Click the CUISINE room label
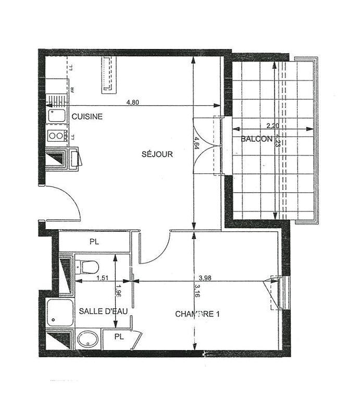coord(87,117)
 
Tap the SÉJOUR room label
coord(157,154)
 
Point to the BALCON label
coord(256,139)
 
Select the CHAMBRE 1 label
coord(197,314)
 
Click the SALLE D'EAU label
coord(103,311)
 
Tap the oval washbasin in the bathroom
coord(88,340)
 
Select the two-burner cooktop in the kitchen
coord(56,136)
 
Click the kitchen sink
coord(56,115)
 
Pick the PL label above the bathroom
coord(94,242)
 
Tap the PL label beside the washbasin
coord(119,336)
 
